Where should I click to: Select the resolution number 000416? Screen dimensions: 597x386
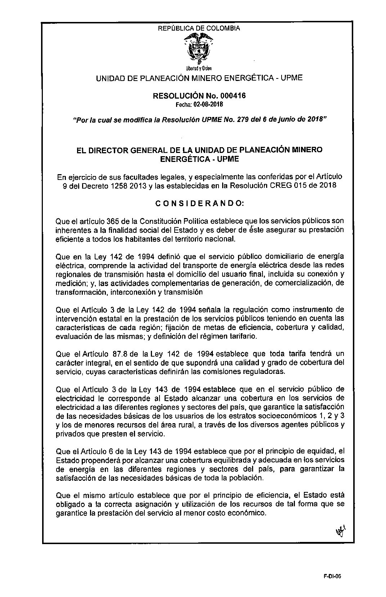tap(231, 96)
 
